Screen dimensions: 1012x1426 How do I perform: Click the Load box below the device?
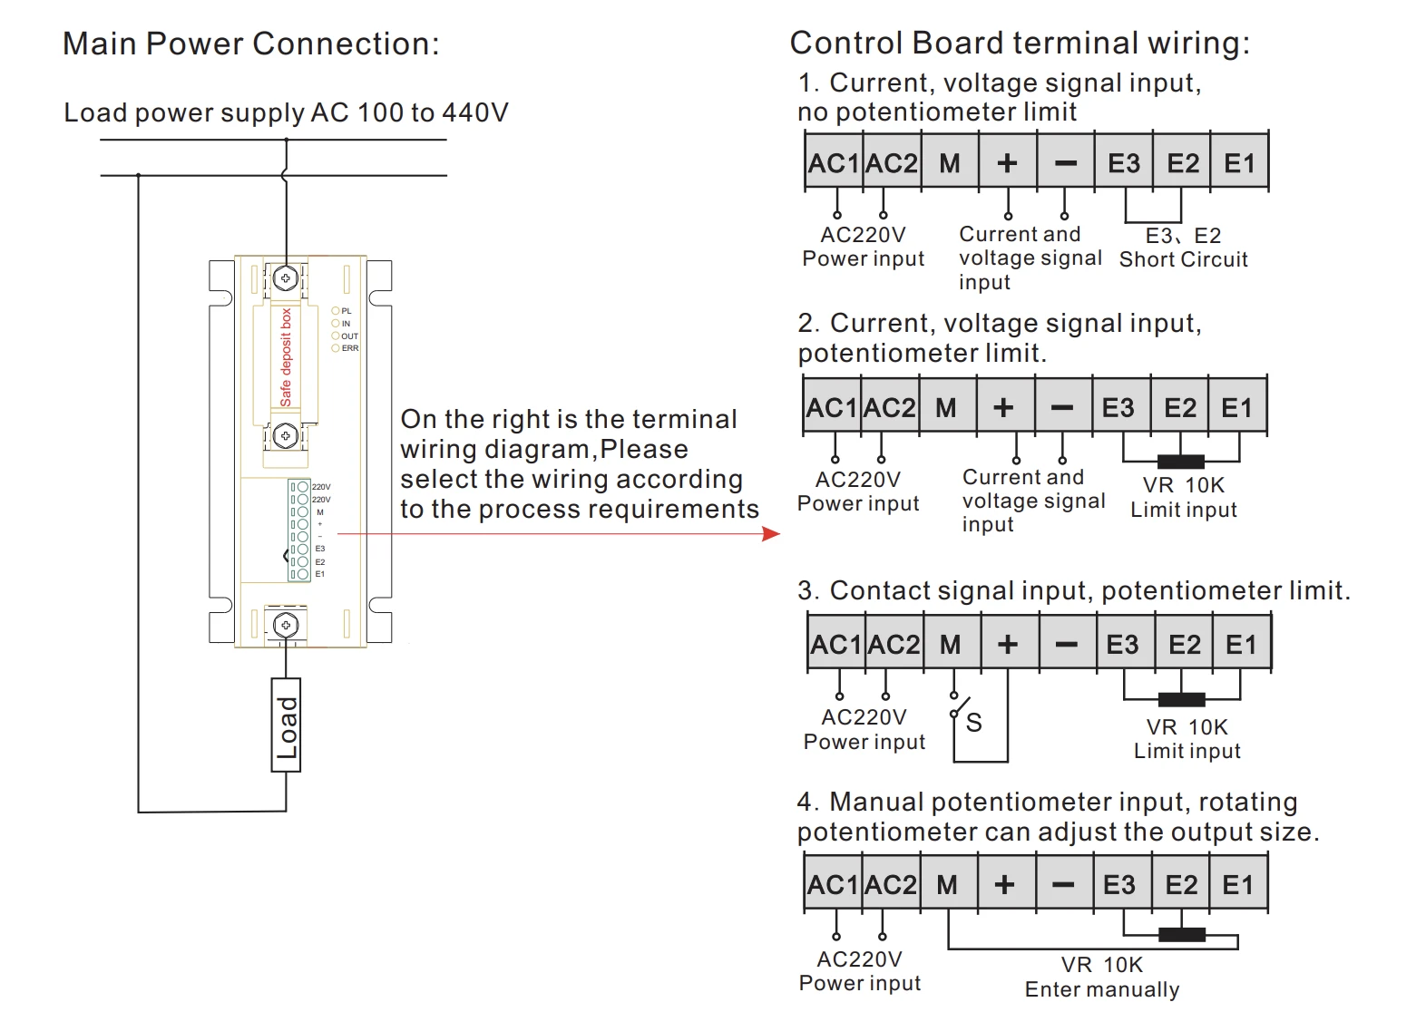(x=286, y=725)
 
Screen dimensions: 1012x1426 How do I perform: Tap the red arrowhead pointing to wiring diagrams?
(x=772, y=534)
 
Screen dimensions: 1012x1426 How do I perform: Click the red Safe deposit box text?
(x=286, y=357)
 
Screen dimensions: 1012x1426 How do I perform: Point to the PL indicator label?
(x=346, y=311)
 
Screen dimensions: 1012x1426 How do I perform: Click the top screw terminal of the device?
(x=286, y=277)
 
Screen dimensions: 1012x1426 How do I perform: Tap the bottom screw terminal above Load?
(x=286, y=625)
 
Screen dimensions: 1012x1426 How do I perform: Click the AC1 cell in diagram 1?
(x=833, y=163)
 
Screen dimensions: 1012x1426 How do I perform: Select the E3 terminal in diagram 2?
(x=1118, y=407)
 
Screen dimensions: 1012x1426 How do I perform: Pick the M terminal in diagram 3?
(x=950, y=644)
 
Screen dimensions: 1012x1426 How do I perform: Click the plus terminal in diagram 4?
(x=1004, y=884)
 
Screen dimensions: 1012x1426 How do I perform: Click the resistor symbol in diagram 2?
(x=1181, y=462)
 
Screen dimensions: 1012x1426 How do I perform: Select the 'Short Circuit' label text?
(x=1183, y=259)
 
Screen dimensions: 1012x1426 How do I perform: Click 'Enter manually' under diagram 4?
(x=1102, y=989)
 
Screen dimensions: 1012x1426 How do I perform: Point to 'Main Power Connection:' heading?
(x=250, y=44)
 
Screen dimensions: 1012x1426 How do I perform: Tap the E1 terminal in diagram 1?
(x=1239, y=163)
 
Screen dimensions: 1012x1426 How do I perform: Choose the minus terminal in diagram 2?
(x=1061, y=407)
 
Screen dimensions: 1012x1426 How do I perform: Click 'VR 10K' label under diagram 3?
(x=1187, y=727)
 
